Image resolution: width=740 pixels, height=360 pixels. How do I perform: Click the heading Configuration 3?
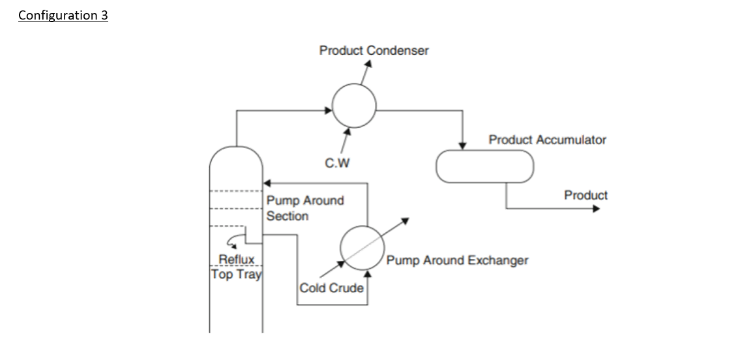click(x=63, y=15)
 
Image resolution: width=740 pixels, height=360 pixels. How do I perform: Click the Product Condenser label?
click(x=374, y=50)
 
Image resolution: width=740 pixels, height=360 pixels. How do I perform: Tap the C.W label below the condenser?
click(x=337, y=163)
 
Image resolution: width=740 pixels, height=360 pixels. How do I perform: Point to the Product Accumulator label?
click(x=547, y=140)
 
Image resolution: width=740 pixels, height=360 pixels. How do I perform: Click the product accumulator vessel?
click(x=484, y=166)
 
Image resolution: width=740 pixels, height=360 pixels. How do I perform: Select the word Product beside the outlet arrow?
click(x=585, y=195)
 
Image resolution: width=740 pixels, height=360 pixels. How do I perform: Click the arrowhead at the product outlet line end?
click(x=595, y=209)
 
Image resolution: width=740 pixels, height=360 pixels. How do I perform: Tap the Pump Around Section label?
click(x=305, y=208)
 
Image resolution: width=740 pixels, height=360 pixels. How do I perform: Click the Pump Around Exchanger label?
click(x=457, y=260)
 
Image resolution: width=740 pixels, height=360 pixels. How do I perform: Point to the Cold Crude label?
click(x=331, y=288)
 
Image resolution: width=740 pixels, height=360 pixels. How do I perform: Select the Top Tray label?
click(x=236, y=274)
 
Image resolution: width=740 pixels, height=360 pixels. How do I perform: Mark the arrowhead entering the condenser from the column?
click(x=329, y=110)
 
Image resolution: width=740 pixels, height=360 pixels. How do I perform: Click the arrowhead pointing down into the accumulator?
click(x=463, y=145)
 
